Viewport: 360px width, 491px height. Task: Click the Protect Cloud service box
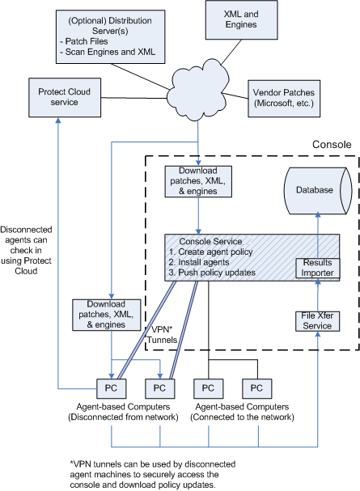(65, 98)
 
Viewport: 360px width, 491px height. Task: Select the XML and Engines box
(241, 19)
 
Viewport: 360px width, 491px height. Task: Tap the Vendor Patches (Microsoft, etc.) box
(284, 99)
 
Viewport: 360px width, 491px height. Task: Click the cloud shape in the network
(198, 90)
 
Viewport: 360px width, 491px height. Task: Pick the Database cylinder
(318, 190)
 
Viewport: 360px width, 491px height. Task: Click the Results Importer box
(317, 268)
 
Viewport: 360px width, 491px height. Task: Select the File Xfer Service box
(317, 321)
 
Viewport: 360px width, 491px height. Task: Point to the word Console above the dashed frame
(332, 144)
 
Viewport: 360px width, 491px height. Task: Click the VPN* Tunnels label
(162, 335)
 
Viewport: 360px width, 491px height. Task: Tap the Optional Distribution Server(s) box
(111, 36)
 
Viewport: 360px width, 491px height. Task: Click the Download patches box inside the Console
(198, 181)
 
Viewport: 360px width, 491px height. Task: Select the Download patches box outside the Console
(107, 315)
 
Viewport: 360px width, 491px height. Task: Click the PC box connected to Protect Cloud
(111, 388)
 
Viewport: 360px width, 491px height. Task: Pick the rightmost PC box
(256, 388)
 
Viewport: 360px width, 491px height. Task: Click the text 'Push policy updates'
(217, 273)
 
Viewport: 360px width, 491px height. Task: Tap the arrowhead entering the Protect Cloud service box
(58, 121)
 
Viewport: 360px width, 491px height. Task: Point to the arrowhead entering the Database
(318, 214)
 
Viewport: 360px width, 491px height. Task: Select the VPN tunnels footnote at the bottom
(153, 474)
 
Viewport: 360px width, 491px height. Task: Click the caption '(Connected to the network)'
(243, 417)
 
